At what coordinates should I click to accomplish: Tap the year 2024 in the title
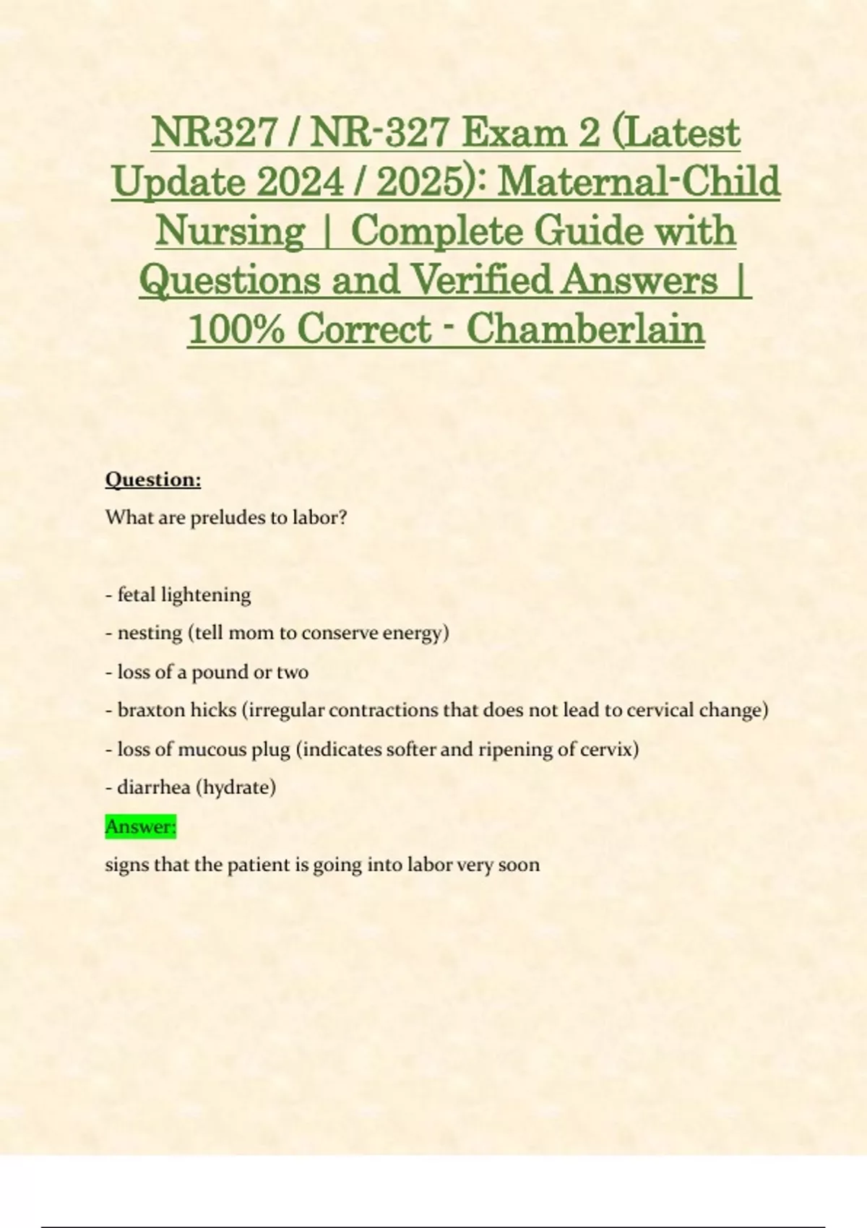click(300, 181)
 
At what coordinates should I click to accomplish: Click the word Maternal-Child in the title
click(639, 181)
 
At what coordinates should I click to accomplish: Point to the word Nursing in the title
click(230, 231)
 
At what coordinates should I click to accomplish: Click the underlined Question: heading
click(153, 480)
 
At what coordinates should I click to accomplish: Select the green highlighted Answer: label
click(141, 826)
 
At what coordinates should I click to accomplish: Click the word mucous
click(212, 750)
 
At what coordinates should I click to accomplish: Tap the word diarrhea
click(153, 787)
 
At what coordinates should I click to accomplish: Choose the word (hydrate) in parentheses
click(236, 787)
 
